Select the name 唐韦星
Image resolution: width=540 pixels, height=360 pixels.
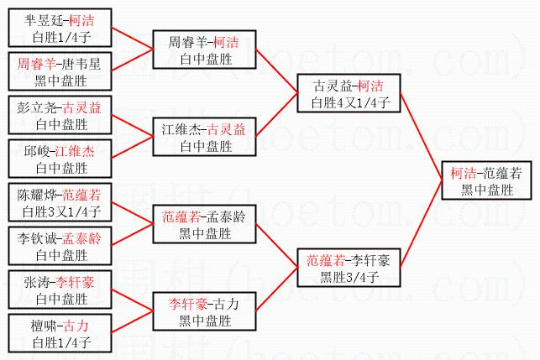81,64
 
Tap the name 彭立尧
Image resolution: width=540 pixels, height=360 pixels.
34,107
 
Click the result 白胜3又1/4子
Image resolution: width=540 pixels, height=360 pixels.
61,211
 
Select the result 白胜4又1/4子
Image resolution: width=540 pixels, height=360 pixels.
350,102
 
